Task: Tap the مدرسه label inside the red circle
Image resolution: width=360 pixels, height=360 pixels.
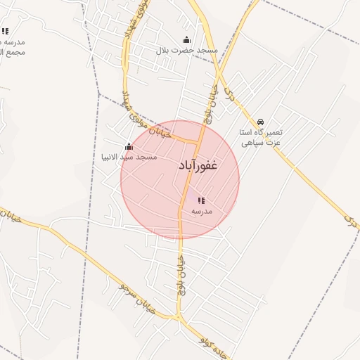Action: tap(201, 211)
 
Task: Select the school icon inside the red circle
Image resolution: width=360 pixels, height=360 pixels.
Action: tap(202, 200)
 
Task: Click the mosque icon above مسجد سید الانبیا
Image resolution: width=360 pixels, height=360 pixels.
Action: tap(129, 147)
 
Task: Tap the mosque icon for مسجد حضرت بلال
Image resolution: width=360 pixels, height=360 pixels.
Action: tap(186, 40)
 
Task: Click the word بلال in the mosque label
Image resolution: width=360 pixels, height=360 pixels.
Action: tap(164, 51)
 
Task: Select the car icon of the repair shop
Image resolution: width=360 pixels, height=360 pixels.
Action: tap(261, 122)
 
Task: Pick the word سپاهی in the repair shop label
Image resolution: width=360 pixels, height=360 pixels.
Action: tap(252, 143)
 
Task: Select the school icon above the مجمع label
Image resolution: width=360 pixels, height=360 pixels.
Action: tap(5, 31)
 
